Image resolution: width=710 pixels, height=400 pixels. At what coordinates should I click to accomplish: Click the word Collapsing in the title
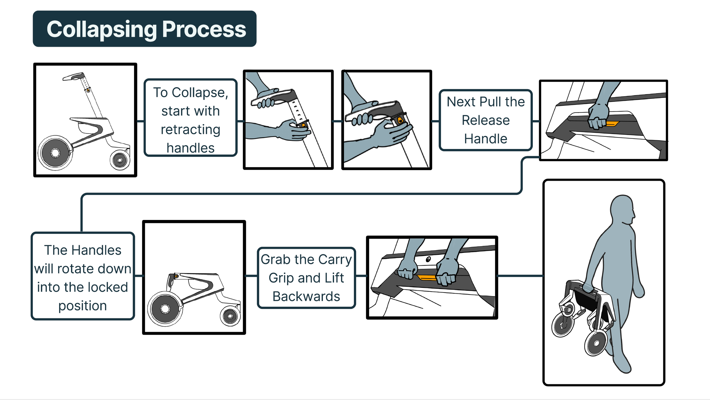[102, 30]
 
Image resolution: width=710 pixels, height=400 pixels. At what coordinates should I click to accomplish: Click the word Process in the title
[204, 30]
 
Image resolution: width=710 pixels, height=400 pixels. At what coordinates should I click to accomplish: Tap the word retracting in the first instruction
[190, 130]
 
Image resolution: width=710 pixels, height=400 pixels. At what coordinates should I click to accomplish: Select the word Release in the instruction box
[486, 120]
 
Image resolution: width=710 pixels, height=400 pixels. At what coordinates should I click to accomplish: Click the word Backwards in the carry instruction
[306, 297]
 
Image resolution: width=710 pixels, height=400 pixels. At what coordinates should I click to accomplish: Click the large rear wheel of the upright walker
[55, 153]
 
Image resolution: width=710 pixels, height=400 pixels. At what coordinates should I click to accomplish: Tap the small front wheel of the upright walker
[120, 160]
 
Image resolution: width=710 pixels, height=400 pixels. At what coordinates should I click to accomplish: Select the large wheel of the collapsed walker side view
[165, 309]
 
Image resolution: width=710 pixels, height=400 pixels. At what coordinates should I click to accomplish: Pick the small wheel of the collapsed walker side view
[230, 316]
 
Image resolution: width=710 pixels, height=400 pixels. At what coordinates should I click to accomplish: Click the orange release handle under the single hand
[612, 123]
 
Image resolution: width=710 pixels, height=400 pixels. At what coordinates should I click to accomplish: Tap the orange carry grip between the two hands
[426, 277]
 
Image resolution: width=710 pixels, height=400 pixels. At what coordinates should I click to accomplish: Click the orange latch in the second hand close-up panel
[400, 120]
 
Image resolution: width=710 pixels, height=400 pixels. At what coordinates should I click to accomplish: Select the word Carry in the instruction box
[335, 259]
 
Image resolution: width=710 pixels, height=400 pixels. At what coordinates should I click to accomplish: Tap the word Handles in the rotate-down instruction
[96, 250]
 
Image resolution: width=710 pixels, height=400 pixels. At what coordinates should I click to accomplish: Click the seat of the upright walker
[88, 120]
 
